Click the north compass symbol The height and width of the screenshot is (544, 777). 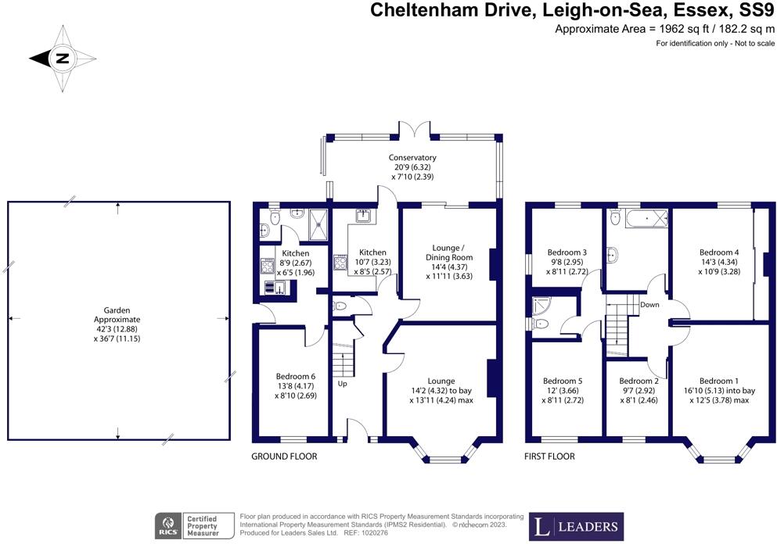(x=62, y=58)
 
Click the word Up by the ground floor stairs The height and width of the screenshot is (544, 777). (x=343, y=385)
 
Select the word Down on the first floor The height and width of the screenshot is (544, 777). (x=649, y=304)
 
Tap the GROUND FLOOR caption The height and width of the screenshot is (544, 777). (x=284, y=456)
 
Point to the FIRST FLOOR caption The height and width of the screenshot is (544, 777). (x=550, y=456)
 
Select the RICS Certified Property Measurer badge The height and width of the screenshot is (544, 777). (x=196, y=525)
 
